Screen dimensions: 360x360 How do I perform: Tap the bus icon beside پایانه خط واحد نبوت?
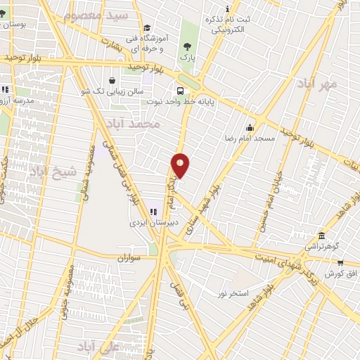click(181, 91)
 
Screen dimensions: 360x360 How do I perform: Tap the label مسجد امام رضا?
click(250, 139)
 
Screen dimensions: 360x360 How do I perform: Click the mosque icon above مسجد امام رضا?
click(250, 127)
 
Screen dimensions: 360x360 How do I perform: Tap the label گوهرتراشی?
click(321, 247)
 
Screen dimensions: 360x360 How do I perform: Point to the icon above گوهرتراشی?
click(321, 236)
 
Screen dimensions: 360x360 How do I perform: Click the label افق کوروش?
click(342, 272)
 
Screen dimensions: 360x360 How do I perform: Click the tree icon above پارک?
click(186, 45)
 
